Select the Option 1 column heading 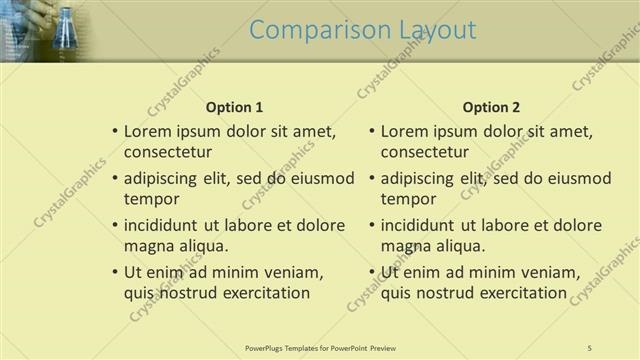pos(234,107)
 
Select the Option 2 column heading pos(492,107)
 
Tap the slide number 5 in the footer pos(590,347)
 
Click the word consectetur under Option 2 pos(425,152)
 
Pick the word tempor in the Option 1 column pos(150,198)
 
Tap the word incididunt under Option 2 pos(422,225)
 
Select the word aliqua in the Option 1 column pos(205,246)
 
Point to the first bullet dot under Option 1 pos(115,131)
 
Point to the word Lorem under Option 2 pos(404,131)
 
